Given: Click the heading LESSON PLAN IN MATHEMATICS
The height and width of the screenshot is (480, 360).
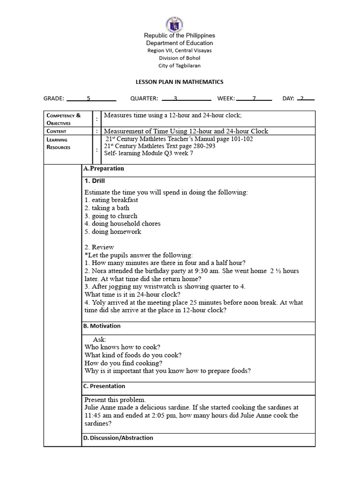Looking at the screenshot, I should point(180,82).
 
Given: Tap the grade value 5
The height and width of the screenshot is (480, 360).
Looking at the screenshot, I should point(89,98).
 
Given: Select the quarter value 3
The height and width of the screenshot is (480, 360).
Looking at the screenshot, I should point(175,98).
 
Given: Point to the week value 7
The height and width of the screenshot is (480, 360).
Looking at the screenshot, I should point(254,98).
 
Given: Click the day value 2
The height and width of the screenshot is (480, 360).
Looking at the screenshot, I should point(302,98).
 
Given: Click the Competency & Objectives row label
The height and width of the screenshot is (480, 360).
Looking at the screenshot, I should point(63,119).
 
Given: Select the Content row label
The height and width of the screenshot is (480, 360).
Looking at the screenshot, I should point(56,131).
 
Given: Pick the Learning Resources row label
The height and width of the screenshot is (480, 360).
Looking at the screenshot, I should point(58,143).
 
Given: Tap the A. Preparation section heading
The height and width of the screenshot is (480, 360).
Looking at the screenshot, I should point(104,168).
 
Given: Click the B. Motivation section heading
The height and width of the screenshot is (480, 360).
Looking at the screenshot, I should point(102,326).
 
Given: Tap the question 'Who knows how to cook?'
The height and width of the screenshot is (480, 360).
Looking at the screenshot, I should point(122,347).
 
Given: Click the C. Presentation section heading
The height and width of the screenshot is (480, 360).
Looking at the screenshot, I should point(104,386).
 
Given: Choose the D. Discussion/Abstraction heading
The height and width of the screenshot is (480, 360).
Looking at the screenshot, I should point(118,438).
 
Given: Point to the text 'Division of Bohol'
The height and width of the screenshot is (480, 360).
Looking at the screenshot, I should point(180,58).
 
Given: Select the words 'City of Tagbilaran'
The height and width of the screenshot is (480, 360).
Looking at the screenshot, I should point(180,66).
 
